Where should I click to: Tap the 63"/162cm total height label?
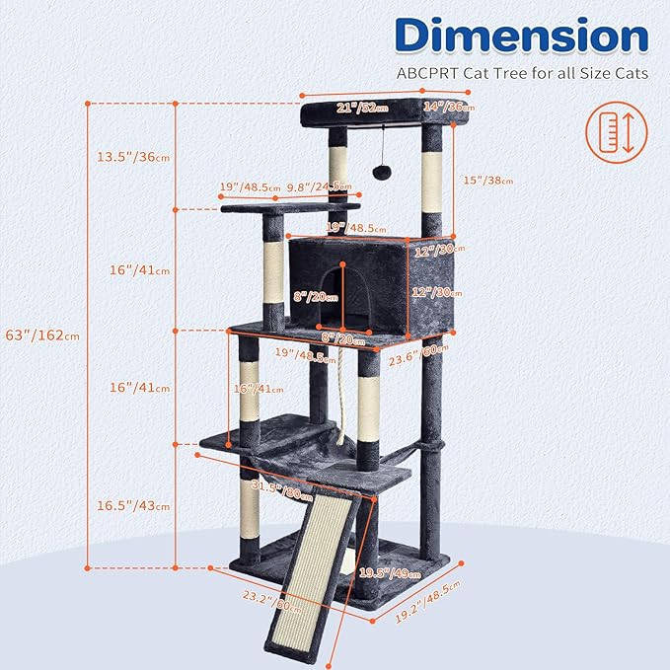point(43,335)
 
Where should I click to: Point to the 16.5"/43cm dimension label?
point(132,504)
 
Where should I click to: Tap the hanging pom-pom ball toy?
point(378,171)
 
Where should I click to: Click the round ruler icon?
point(611,133)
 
